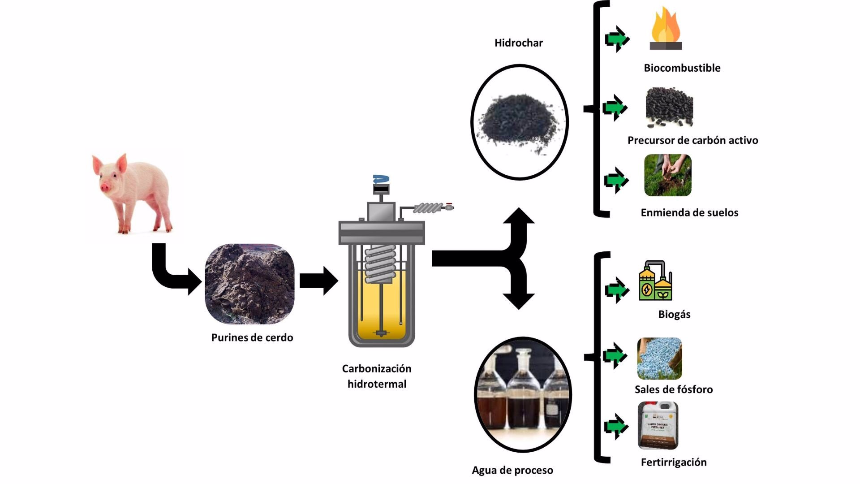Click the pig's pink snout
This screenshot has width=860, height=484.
105,187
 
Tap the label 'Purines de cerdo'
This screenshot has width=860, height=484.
252,337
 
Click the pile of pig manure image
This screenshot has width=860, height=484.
249,284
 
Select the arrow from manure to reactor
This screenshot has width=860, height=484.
318,281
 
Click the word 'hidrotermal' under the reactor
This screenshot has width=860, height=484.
377,384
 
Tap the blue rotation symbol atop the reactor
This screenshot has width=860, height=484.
381,179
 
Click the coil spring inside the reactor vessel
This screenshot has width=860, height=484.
381,264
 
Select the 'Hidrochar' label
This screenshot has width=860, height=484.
518,43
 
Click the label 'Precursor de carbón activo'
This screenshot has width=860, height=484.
692,140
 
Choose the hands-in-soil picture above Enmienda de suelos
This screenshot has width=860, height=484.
667,175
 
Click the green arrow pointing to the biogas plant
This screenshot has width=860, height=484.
617,290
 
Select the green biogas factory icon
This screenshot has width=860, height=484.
655,281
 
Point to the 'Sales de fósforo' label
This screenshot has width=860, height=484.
674,389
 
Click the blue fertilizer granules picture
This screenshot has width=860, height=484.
659,359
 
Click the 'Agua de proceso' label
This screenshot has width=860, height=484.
512,470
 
